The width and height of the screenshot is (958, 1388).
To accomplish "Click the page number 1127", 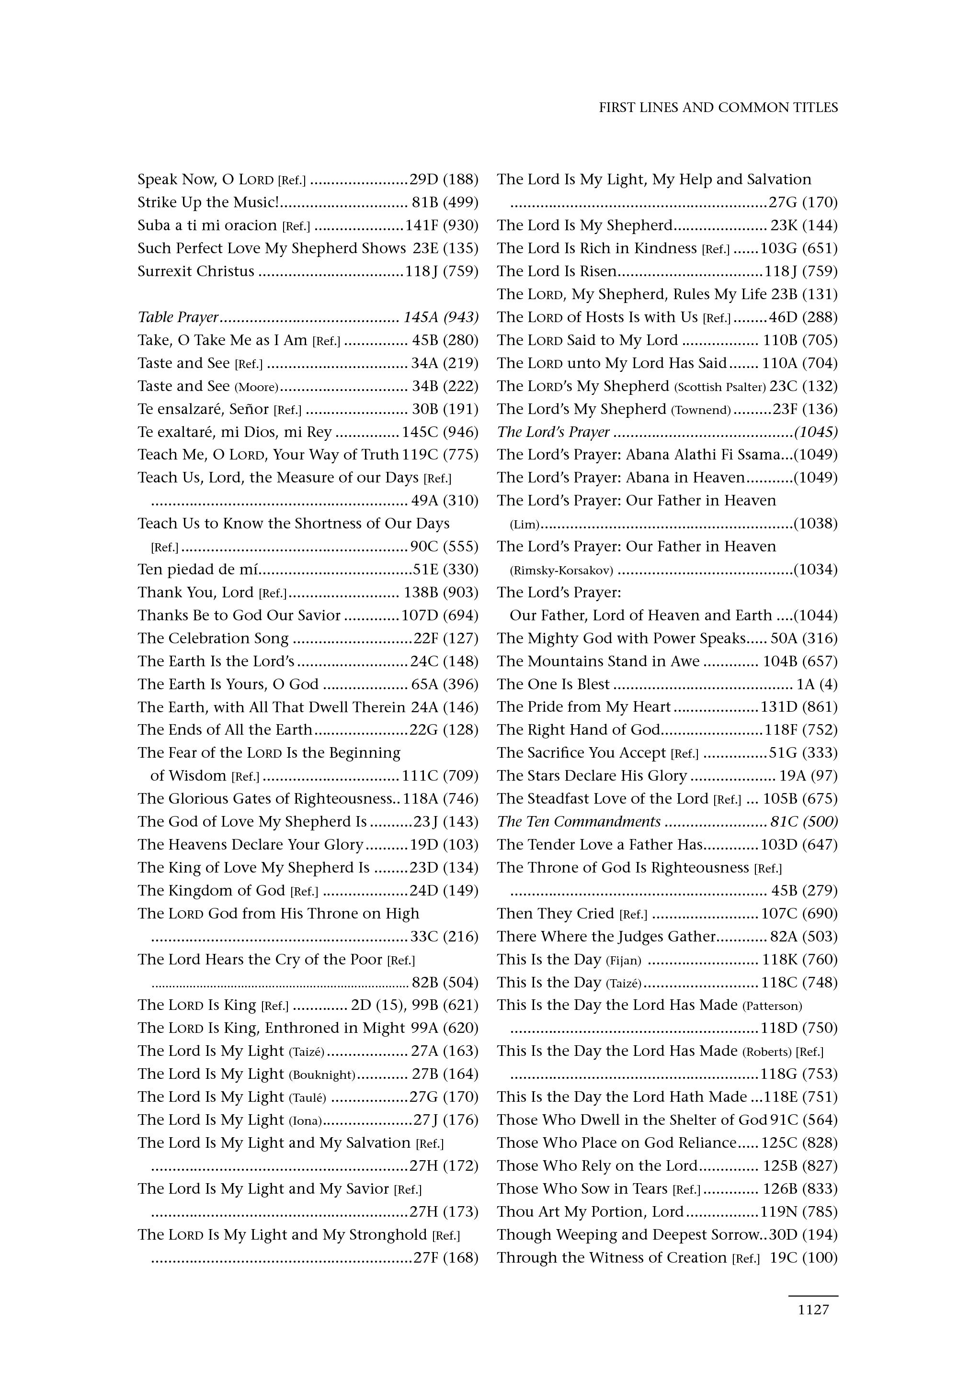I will pos(813,1310).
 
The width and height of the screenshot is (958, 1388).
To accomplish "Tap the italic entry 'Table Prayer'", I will pos(178,317).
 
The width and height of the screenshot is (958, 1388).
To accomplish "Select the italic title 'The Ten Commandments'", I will pos(579,821).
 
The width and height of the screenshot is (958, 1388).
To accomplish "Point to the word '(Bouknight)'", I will pos(322,1075).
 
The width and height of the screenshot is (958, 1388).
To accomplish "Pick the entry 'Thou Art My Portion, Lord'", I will pos(590,1212).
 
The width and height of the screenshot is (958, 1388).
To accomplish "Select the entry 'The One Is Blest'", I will pos(553,684).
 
